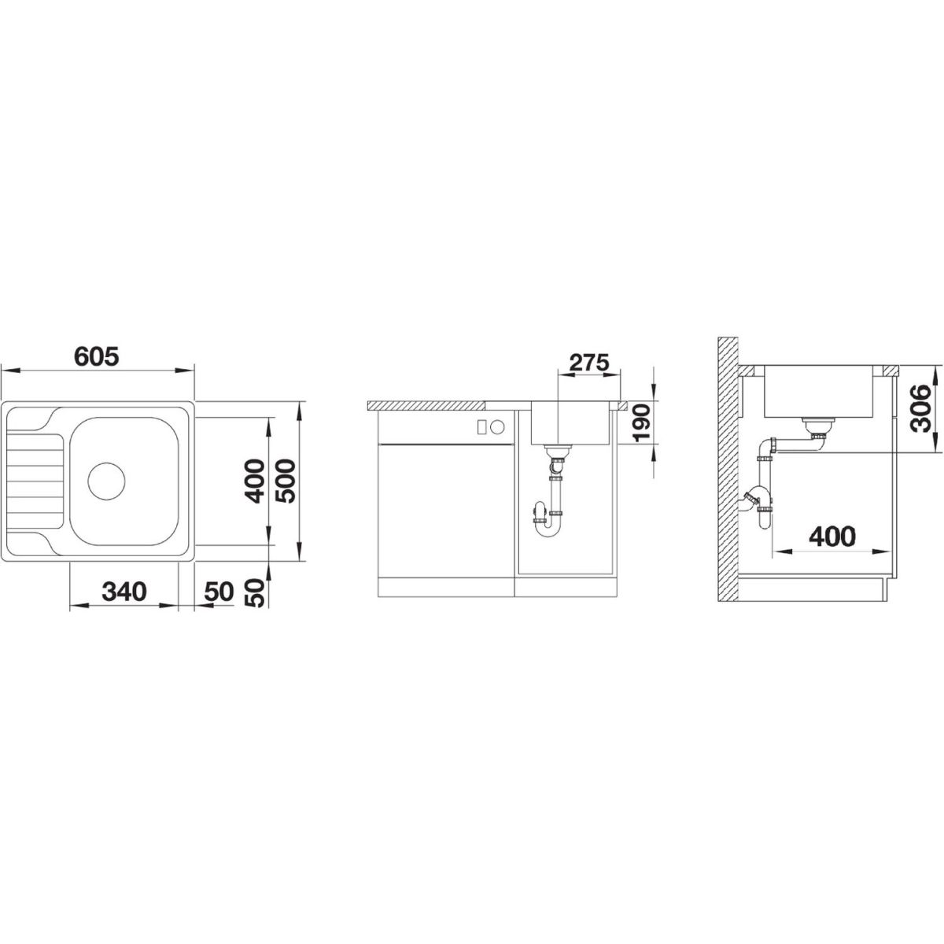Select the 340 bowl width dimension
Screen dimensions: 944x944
coord(124,592)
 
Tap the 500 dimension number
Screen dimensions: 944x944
coord(285,481)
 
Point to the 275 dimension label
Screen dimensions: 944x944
coord(589,363)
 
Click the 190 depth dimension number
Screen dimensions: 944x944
coord(640,423)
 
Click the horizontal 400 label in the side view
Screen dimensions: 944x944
coord(832,537)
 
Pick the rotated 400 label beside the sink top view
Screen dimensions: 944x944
coord(255,481)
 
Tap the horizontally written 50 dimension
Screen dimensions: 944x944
coord(219,592)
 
